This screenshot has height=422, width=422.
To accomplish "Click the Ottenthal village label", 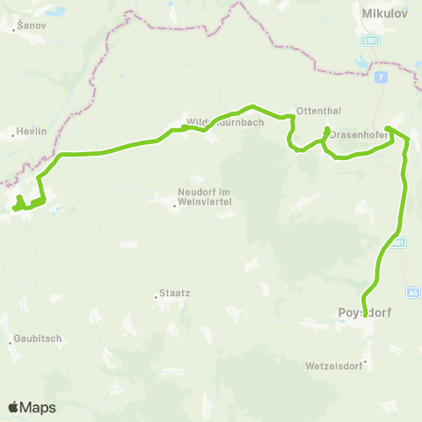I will (x=314, y=113).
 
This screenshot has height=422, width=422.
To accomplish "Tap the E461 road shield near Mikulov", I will (x=370, y=40).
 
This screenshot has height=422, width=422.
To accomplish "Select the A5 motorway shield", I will (x=412, y=291).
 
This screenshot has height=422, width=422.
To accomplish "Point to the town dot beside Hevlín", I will (x=14, y=135).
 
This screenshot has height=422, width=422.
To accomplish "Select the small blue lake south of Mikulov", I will (x=360, y=63).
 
